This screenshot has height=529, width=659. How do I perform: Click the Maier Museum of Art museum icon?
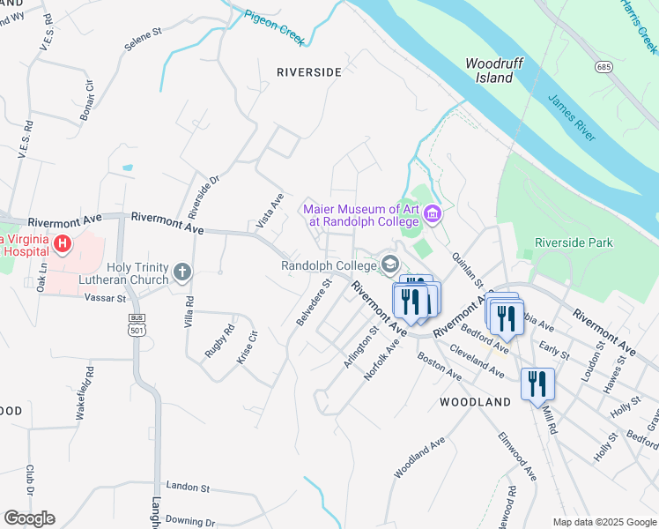[432, 214]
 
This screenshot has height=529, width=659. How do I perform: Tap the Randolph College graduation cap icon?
[389, 264]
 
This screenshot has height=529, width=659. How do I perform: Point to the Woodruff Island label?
[489, 71]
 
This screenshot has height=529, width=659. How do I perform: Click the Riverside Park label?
[574, 242]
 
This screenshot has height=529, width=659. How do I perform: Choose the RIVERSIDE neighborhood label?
[307, 72]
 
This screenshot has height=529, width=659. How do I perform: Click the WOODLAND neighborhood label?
[475, 402]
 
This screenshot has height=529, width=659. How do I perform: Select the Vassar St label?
[107, 299]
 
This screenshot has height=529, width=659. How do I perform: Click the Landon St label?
[187, 487]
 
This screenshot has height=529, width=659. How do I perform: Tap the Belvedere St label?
[313, 302]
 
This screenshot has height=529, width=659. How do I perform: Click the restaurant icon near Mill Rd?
[537, 384]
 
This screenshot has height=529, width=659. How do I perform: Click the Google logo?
[29, 518]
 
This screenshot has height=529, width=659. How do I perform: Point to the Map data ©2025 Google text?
[603, 522]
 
